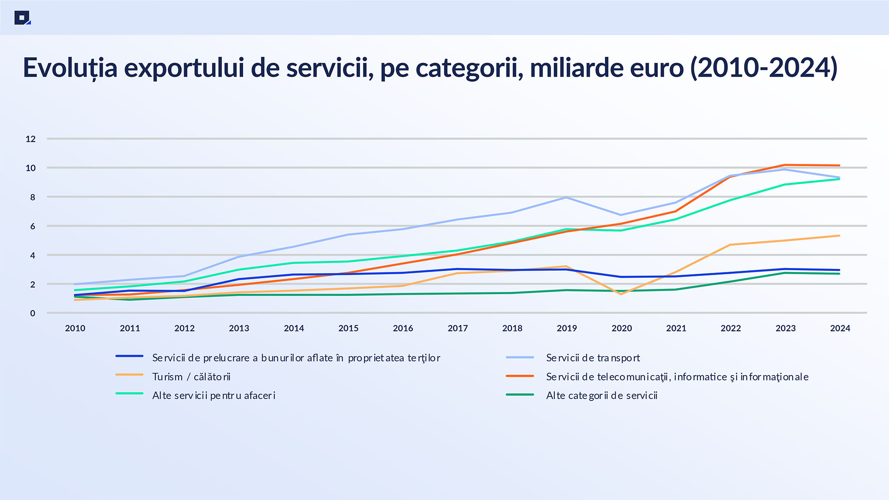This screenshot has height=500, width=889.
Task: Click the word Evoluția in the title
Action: [x=70, y=68]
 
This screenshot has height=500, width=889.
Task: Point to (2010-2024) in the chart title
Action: [x=764, y=68]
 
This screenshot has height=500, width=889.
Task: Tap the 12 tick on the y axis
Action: [x=31, y=139]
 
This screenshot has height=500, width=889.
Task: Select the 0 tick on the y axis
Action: [x=32, y=313]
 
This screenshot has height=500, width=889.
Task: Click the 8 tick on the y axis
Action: [x=32, y=197]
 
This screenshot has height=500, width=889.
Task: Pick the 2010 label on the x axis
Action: [x=75, y=328]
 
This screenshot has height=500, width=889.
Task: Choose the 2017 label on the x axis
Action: [x=458, y=328]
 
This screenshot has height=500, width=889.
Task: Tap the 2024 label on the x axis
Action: [x=840, y=328]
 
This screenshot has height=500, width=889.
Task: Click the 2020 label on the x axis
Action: [x=621, y=328]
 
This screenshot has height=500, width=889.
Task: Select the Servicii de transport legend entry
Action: [x=593, y=358]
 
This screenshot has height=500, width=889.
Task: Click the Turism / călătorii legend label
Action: [x=191, y=377]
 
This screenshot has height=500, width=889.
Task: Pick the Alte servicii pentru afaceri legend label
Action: [x=214, y=396]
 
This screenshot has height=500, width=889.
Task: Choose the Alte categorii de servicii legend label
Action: [x=601, y=396]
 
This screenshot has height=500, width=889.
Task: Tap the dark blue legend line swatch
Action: [x=129, y=356]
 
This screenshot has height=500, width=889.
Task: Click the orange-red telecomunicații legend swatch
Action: [x=520, y=376]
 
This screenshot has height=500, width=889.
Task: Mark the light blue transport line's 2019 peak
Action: [x=566, y=197]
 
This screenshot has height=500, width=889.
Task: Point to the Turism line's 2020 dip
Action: [x=621, y=294]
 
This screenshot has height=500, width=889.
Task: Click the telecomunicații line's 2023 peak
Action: [x=785, y=165]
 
